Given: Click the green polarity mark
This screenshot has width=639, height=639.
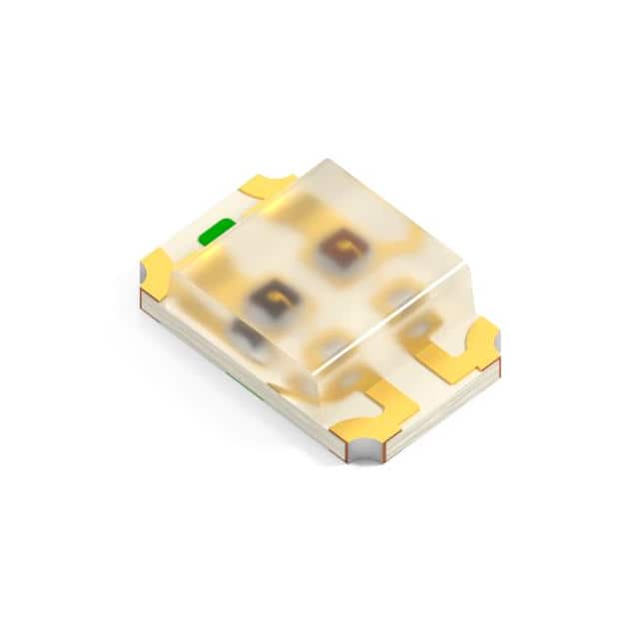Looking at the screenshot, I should pyautogui.click(x=216, y=233).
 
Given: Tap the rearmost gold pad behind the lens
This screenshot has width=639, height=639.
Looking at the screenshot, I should pyautogui.click(x=269, y=186).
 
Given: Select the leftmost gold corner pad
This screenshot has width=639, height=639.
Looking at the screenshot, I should pyautogui.click(x=157, y=272).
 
